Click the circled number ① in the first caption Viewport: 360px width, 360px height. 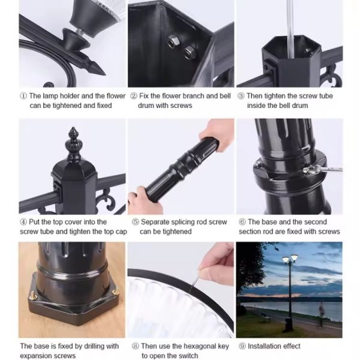(23, 96)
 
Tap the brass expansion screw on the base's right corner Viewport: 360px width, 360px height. (116, 292)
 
